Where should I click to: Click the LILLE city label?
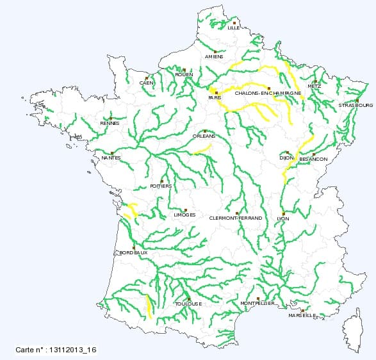(234, 28)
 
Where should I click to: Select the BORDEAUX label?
(133, 253)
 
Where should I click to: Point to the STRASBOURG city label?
(356, 105)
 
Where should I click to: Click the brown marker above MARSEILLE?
(302, 311)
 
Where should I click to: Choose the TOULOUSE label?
(188, 304)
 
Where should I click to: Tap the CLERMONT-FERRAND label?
(236, 218)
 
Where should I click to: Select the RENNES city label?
(110, 124)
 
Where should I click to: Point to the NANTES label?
(111, 158)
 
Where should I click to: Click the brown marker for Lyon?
(283, 213)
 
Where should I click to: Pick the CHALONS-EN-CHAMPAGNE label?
(268, 93)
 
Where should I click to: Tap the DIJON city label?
(286, 157)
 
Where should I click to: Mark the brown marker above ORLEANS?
(204, 131)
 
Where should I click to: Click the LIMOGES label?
(184, 215)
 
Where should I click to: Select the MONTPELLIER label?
(257, 304)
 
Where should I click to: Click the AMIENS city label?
(215, 56)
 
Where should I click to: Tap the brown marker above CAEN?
(147, 78)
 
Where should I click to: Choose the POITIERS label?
(160, 186)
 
